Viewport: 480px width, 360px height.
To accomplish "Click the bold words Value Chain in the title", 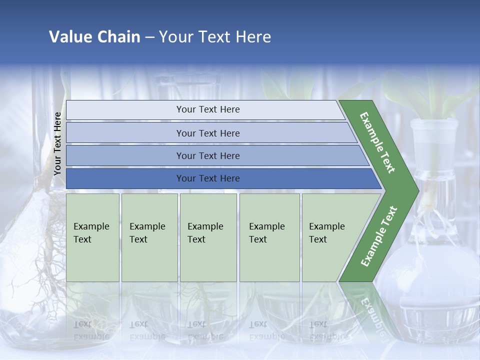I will pos(94,36).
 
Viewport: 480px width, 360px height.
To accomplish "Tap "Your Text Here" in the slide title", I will pos(215,36).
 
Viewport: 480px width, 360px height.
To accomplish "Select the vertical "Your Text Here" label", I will pos(57,143).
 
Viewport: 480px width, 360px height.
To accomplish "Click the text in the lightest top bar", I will pos(208,109).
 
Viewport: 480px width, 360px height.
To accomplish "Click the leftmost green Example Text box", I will pos(92,237).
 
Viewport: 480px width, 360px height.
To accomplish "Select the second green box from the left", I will pos(149,237).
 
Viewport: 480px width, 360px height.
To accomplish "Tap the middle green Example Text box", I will pos(208,237).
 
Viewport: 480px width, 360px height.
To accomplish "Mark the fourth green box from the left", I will pos(269,237).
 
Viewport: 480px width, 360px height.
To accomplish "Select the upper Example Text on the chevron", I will pos(377,142).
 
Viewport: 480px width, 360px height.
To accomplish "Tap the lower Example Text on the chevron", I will pos(379,236).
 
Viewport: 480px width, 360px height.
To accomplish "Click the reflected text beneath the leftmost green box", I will pos(91,330).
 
